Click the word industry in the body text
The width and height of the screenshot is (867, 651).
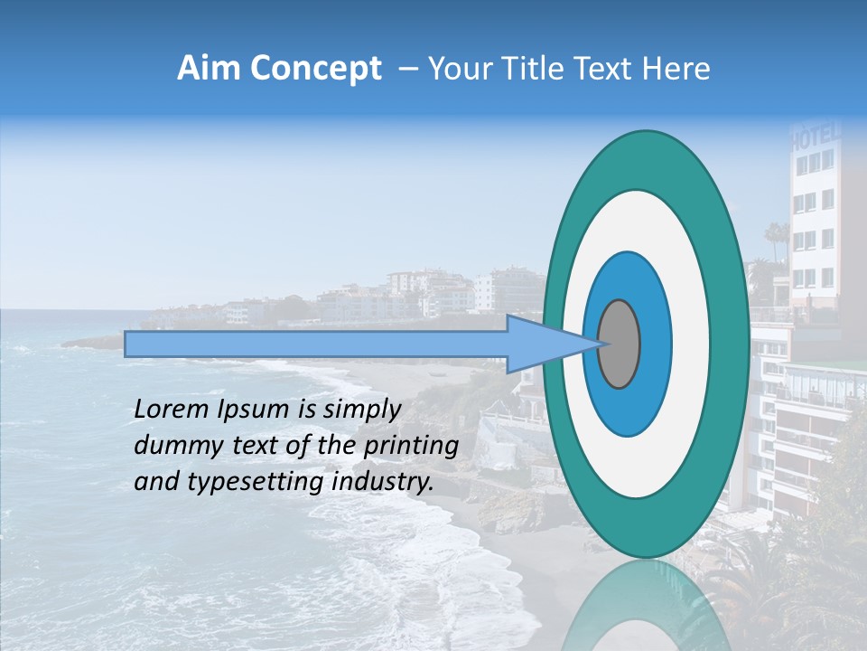(x=383, y=482)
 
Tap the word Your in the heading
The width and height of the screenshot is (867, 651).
(x=456, y=69)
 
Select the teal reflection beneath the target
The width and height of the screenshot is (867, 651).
(x=645, y=606)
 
